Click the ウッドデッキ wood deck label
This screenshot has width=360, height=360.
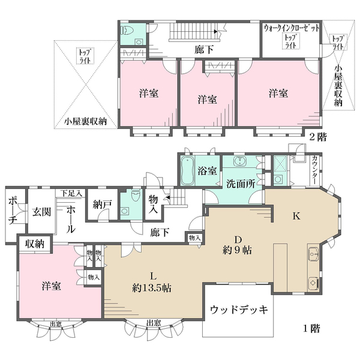238,310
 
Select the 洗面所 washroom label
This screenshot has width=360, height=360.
242,183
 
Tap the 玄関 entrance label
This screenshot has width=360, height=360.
41,211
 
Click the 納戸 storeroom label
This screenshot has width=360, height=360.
102,204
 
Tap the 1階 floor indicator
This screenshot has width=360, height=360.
311,328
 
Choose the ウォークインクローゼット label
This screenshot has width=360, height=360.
291,28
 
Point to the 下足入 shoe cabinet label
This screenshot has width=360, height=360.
71,193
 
